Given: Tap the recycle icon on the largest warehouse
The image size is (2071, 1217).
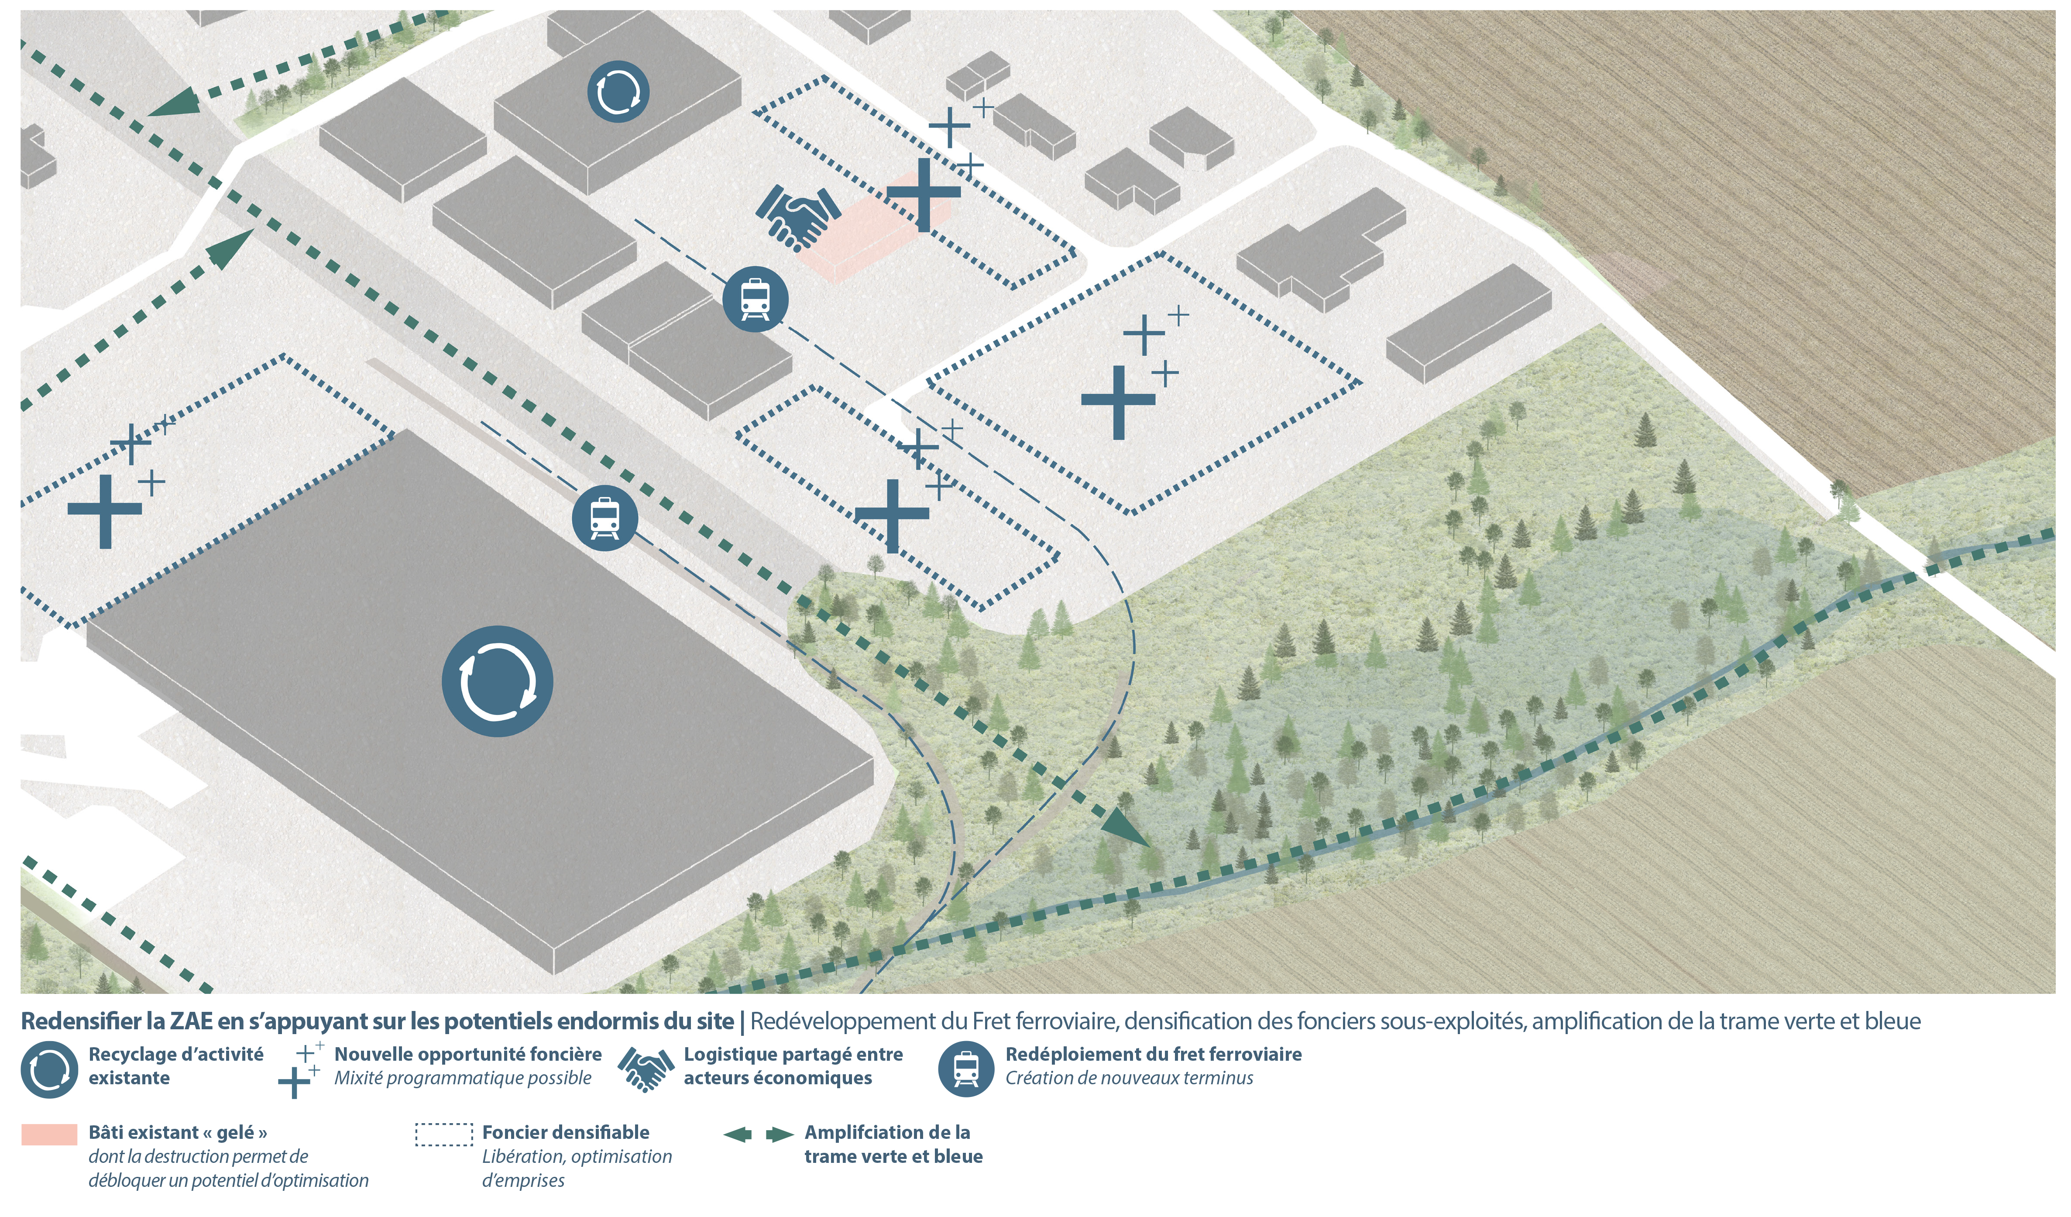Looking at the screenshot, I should tap(497, 681).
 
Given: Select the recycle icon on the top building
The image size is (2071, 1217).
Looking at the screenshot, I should tap(618, 92).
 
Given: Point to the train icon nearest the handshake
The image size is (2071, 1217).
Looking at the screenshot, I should tap(755, 299).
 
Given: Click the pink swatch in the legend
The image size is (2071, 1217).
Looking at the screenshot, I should tap(49, 1135).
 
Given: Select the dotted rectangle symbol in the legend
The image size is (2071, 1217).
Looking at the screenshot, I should tap(444, 1135).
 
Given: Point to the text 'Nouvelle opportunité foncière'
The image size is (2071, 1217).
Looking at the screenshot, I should tap(467, 1054).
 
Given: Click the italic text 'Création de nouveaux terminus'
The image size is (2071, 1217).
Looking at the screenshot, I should tap(1129, 1078).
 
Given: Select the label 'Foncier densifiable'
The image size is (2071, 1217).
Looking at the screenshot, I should tap(565, 1132).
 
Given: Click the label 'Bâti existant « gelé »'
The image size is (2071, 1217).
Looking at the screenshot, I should tap(178, 1132).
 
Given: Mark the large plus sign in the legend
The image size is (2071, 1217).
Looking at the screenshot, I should tap(293, 1082).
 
